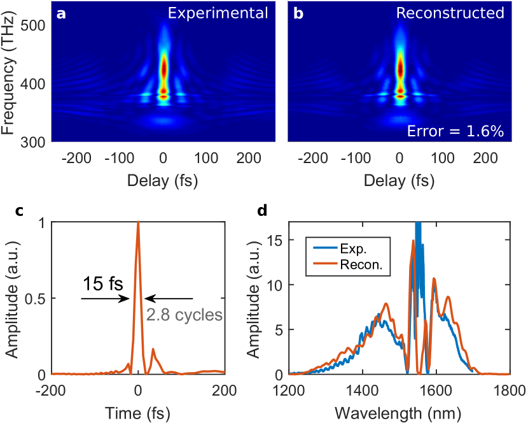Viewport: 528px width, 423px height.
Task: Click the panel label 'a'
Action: (61, 13)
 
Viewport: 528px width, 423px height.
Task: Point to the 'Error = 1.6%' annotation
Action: (456, 132)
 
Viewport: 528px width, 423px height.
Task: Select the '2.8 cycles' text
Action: (184, 314)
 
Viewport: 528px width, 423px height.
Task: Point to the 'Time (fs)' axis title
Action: (137, 409)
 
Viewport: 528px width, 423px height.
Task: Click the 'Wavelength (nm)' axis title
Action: (399, 409)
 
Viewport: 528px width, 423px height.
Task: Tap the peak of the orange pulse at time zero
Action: (138, 222)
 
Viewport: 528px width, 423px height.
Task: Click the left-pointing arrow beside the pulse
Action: (169, 298)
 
